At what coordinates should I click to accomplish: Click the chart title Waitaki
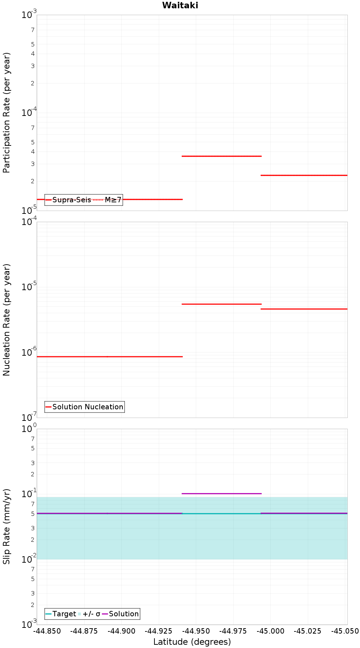(x=180, y=5)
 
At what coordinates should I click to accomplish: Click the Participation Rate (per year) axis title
(x=6, y=113)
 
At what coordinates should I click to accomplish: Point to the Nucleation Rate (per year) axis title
(x=6, y=320)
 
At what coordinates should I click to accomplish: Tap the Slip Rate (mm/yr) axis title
(x=6, y=526)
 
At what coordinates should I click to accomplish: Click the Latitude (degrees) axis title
(x=192, y=642)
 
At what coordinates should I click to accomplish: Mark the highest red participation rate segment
(x=221, y=156)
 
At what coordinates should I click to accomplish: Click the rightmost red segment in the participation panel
(x=304, y=175)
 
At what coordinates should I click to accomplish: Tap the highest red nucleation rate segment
(x=221, y=304)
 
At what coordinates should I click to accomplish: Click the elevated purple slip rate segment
(x=221, y=494)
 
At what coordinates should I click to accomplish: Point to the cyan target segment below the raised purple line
(x=221, y=514)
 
